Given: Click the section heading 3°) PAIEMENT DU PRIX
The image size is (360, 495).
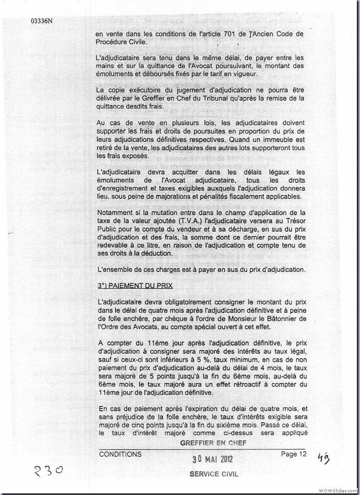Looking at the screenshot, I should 135,286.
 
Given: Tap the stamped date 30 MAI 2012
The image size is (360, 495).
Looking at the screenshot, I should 212,459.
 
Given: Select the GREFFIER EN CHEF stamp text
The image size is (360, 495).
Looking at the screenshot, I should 213,443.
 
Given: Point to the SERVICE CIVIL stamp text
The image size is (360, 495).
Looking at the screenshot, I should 214,474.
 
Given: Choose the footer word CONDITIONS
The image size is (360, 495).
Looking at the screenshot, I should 120,454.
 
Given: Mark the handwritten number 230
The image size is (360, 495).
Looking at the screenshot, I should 48,471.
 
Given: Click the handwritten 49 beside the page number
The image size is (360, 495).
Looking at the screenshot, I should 323,458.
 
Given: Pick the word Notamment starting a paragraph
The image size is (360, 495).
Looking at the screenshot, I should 117,212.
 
